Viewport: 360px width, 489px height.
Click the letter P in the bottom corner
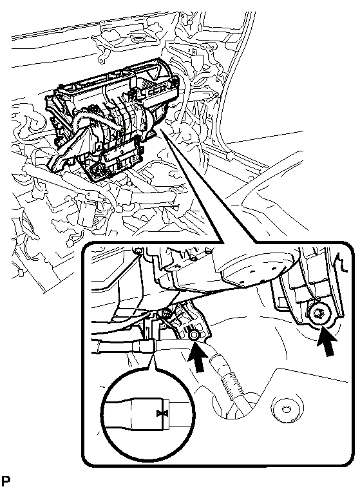click(5, 481)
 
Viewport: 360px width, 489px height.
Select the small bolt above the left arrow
click(193, 335)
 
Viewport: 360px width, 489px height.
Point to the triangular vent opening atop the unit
click(153, 73)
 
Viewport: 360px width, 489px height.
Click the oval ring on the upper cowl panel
click(137, 39)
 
